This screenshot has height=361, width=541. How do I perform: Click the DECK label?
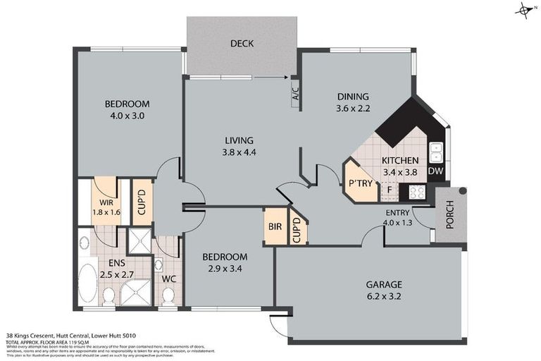tap(242, 44)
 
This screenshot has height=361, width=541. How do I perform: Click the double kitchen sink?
tap(436, 152)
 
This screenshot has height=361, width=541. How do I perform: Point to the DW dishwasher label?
tap(435, 171)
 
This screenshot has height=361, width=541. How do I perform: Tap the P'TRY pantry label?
tap(360, 184)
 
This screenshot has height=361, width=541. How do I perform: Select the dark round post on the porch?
tap(462, 191)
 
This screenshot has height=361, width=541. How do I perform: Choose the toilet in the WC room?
tap(168, 298)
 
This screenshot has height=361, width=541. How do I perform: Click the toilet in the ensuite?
tap(108, 297)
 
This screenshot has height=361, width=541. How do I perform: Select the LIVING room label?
tap(237, 140)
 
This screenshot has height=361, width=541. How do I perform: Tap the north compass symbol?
tap(524, 9)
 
